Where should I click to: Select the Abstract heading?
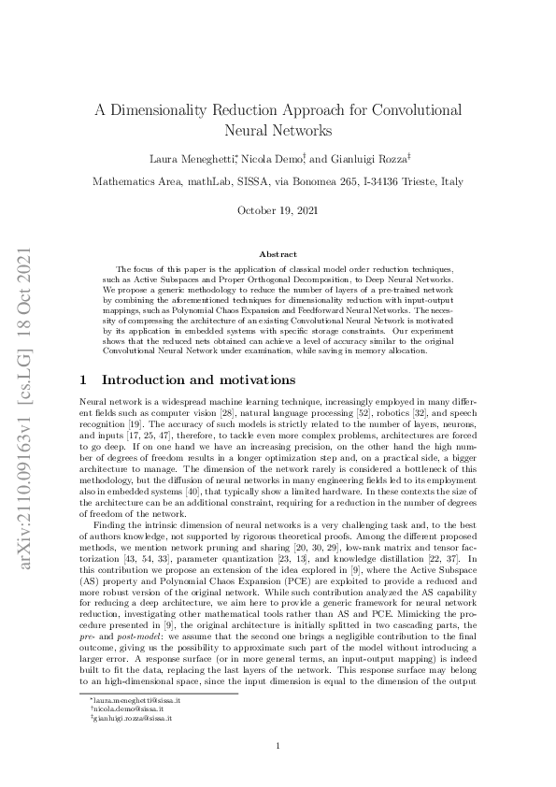pyautogui.click(x=278, y=254)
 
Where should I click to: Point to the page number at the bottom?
pyautogui.click(x=278, y=745)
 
